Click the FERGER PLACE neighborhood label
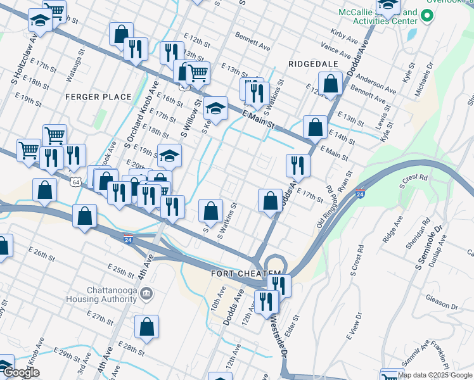coord(98,97)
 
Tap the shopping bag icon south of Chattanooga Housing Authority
coord(146,327)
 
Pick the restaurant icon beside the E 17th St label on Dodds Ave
coord(297,166)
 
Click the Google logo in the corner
coord(20,372)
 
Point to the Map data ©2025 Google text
coord(435,375)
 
